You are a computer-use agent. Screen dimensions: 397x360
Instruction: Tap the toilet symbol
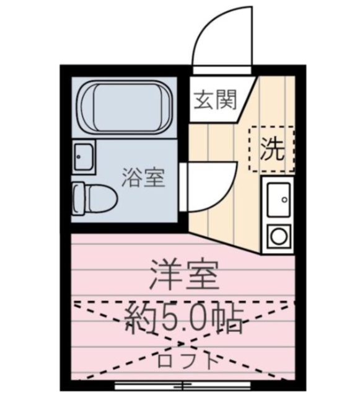tap(94, 198)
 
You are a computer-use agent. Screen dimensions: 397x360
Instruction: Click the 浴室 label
tap(143, 179)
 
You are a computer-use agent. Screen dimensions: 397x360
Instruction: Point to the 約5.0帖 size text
tap(184, 319)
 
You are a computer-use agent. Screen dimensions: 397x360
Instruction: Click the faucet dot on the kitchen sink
tap(285, 200)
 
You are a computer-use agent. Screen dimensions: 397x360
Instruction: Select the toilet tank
tap(77, 198)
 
